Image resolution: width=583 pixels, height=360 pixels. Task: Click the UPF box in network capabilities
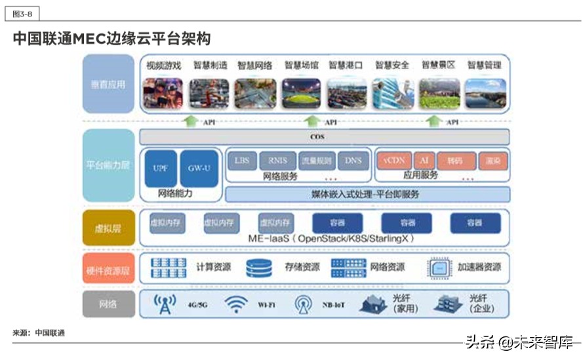point(160,169)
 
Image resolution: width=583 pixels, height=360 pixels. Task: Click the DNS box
point(353,161)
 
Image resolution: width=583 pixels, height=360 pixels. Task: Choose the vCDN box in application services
point(393,161)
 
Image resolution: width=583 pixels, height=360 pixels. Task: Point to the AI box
point(425,161)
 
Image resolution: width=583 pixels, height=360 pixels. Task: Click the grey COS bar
point(325,137)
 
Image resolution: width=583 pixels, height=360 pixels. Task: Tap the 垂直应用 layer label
point(108,84)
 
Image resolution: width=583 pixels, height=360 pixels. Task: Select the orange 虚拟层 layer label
point(108,228)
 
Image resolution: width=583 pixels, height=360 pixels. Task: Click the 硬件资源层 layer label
point(108,268)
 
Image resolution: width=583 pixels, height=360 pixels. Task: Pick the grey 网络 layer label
point(108,304)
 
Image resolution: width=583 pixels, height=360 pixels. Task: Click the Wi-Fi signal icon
point(235,304)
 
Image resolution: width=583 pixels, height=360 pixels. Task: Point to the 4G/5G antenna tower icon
point(165,304)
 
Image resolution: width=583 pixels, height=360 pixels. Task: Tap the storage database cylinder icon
point(259,268)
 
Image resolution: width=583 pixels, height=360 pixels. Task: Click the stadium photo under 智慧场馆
point(301,93)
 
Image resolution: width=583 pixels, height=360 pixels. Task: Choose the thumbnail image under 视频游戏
point(163,93)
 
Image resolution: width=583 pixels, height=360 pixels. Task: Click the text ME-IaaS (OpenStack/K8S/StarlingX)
point(328,239)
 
